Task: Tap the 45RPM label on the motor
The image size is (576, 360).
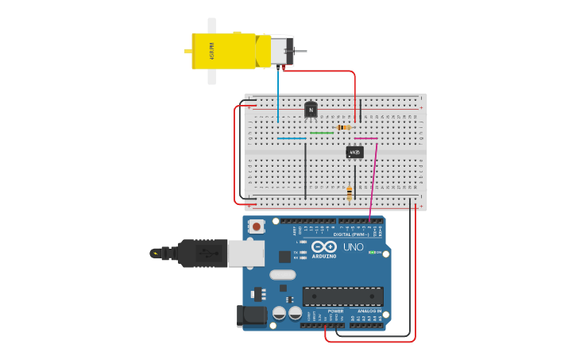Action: pyautogui.click(x=211, y=50)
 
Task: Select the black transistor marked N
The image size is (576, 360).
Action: pyautogui.click(x=311, y=110)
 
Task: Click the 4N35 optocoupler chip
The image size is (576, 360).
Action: pyautogui.click(x=354, y=151)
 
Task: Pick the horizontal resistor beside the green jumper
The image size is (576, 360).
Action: pyautogui.click(x=343, y=127)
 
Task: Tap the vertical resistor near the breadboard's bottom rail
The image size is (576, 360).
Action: pyautogui.click(x=350, y=192)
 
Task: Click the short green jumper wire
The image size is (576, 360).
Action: pyautogui.click(x=322, y=133)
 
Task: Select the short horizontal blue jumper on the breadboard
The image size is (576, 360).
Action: pyautogui.click(x=292, y=138)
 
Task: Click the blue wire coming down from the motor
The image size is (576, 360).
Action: pyautogui.click(x=278, y=91)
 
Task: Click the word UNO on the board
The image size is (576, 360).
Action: pyautogui.click(x=353, y=247)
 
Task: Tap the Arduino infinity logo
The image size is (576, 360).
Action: pyautogui.click(x=324, y=246)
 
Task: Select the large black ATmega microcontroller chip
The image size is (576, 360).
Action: pyautogui.click(x=342, y=296)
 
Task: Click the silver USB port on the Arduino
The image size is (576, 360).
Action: pyautogui.click(x=245, y=254)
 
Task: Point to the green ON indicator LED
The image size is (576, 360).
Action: pyautogui.click(x=372, y=253)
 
